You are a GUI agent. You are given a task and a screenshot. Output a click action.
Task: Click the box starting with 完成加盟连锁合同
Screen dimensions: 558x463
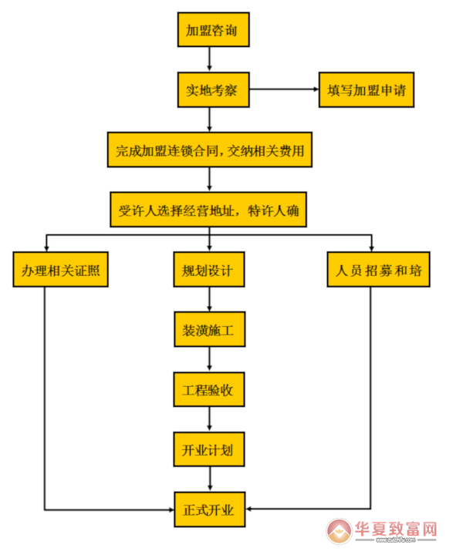pos(211,150)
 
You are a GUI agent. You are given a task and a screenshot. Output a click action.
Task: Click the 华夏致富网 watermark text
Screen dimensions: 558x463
pos(395,530)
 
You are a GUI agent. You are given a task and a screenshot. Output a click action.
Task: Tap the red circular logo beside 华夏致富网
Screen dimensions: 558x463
pos(337,532)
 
